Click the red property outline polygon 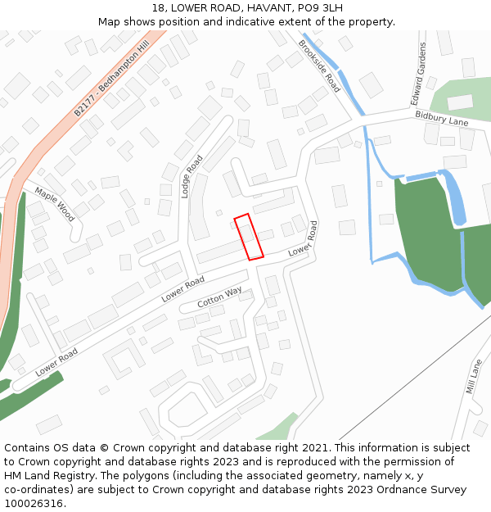point(249,237)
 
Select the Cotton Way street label point(219,297)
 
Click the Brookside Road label point(319,66)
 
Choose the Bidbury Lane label point(441,120)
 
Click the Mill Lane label point(474,376)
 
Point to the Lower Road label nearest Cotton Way point(182,289)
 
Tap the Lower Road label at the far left point(56,362)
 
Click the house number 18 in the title point(158,8)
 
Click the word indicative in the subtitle point(249,22)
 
